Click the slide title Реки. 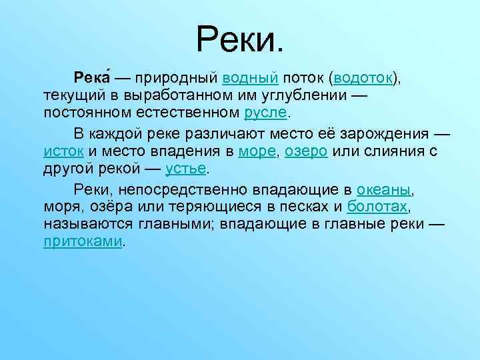[x=240, y=37]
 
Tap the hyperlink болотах [x=377, y=206]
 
